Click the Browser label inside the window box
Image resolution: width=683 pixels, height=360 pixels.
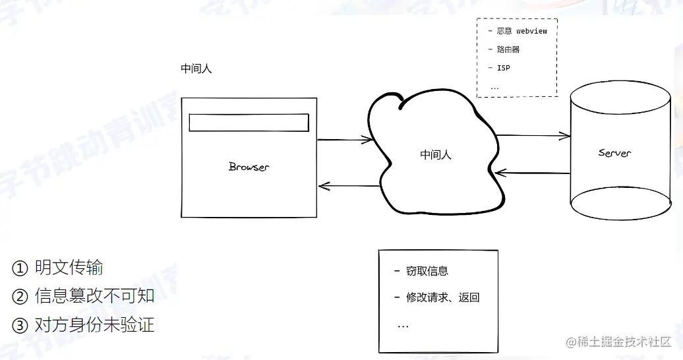249,167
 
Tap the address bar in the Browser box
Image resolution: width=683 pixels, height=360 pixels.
249,123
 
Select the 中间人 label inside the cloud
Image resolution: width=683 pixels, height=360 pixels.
436,155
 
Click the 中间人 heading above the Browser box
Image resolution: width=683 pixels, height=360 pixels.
196,69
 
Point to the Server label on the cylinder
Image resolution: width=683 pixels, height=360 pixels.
614,153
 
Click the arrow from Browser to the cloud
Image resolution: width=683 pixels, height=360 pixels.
344,140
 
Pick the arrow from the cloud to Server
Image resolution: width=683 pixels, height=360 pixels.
533,136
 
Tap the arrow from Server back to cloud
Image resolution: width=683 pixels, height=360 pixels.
533,173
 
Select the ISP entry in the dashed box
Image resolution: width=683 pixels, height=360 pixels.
503,68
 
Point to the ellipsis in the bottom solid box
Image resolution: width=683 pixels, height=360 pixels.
403,326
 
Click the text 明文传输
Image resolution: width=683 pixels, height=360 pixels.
69,268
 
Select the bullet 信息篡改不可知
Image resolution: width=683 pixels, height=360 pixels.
94,296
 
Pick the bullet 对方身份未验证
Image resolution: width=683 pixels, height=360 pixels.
94,324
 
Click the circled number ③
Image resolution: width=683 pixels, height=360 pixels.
19,325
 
